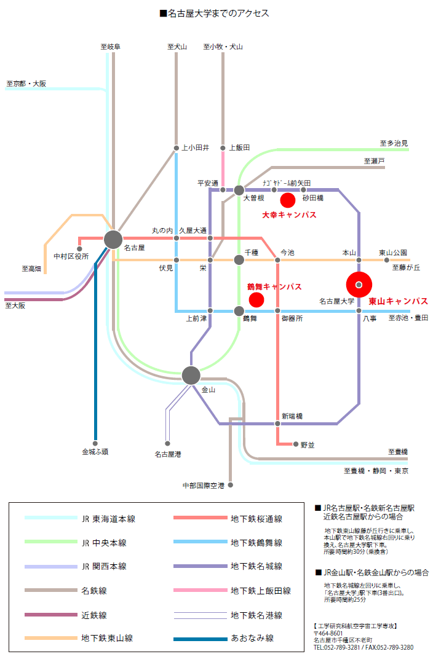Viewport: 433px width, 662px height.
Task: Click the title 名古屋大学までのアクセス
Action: click(217, 13)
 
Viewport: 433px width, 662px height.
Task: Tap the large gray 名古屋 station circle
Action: click(113, 240)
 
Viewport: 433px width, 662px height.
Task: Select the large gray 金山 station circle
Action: click(191, 374)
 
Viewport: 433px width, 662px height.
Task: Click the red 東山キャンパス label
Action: click(398, 301)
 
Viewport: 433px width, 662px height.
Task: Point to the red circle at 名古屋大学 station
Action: click(359, 284)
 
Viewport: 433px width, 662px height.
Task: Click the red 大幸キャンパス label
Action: click(289, 215)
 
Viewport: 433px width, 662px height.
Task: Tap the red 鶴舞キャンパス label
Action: click(274, 287)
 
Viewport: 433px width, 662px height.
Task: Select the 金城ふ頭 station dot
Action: click(95, 441)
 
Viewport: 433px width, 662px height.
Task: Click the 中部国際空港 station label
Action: click(204, 486)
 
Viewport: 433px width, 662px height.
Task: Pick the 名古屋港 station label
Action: click(167, 454)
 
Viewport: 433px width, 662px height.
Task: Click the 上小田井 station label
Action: click(196, 148)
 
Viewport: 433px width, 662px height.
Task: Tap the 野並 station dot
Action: click(296, 444)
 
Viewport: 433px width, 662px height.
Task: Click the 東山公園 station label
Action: click(393, 253)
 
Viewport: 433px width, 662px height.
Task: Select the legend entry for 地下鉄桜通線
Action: click(256, 519)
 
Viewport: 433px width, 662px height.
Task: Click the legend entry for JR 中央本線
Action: click(104, 543)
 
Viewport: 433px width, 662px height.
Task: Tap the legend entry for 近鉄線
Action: click(94, 615)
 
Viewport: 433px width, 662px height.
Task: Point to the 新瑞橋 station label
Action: click(292, 416)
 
